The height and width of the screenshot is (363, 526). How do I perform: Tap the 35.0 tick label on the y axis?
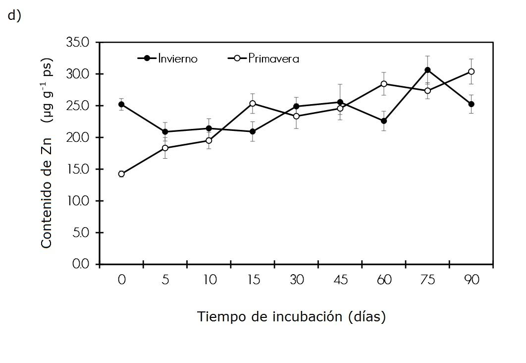pos(77,43)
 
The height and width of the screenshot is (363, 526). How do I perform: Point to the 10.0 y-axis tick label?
pos(77,201)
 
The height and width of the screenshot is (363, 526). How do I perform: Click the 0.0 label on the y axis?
pos(80,264)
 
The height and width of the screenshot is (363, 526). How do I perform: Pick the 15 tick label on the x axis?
pos(253,280)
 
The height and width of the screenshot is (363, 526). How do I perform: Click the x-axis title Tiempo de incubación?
pos(291,316)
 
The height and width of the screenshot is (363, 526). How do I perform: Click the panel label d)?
pos(13,16)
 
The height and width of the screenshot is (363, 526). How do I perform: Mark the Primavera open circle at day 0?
pos(121,174)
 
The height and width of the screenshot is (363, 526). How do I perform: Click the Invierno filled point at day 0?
pos(121,104)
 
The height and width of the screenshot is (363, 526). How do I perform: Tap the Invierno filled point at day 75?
pos(427,70)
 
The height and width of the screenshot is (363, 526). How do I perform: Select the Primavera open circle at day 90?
pos(471,71)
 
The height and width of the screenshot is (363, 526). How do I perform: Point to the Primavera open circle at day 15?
pos(253,103)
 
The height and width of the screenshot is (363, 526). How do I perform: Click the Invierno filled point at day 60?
pos(384,121)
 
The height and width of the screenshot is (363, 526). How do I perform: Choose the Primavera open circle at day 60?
pos(384,84)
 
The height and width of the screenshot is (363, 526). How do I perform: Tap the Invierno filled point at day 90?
pos(471,104)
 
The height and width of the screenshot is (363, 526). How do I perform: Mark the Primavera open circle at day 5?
pos(165,148)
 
